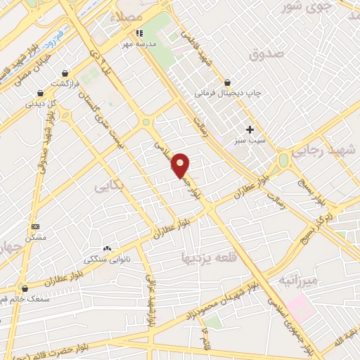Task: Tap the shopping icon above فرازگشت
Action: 65,72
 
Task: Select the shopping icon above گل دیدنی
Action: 40,92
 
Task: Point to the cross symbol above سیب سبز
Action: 250,129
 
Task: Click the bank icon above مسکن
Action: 36,226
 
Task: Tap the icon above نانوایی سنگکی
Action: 107,248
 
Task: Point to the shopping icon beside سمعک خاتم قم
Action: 25,288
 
